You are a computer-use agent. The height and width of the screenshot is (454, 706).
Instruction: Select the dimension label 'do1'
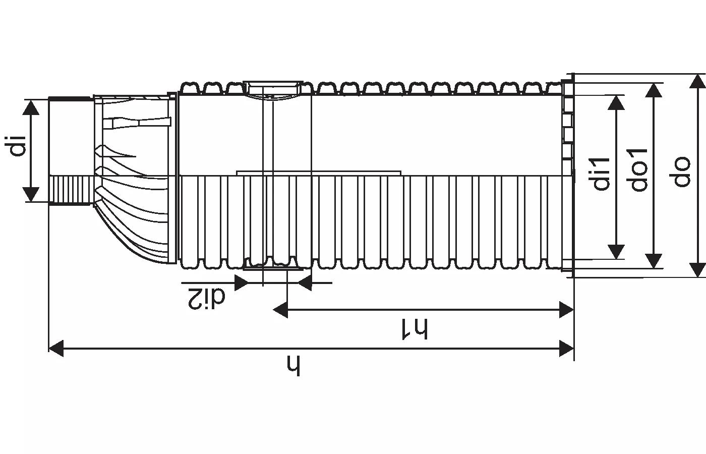[x=638, y=169]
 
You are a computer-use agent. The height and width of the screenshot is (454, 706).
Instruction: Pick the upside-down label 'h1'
[x=415, y=329]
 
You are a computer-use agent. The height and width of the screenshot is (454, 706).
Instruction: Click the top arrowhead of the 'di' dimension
[x=31, y=107]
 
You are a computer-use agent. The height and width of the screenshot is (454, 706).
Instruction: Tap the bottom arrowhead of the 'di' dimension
[x=31, y=194]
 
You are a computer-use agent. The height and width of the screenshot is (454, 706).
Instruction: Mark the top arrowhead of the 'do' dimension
[x=697, y=82]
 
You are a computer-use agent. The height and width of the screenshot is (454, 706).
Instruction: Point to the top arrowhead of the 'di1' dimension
[x=616, y=101]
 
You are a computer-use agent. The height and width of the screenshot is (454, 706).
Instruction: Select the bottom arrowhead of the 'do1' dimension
[x=654, y=260]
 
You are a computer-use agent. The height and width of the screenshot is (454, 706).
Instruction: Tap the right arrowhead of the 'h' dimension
[x=567, y=348]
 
